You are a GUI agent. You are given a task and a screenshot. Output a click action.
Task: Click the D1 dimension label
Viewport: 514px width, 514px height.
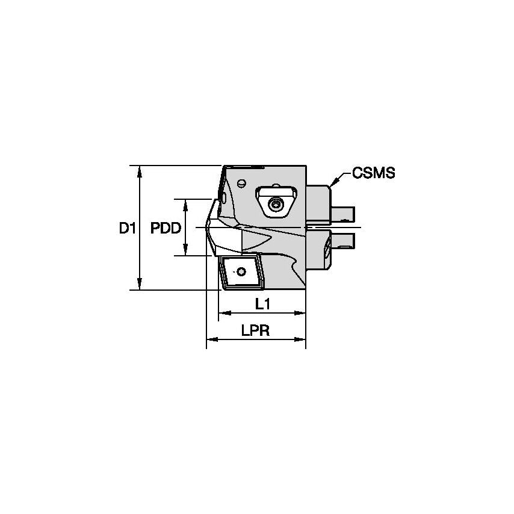125,228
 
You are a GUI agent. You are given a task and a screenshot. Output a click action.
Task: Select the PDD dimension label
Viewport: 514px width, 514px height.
165,228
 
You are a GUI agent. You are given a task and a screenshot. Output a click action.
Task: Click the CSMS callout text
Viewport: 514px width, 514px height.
373,174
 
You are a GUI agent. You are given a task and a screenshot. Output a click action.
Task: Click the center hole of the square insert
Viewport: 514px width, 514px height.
241,272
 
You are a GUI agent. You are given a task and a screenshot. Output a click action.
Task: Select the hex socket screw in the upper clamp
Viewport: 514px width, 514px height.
276,206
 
